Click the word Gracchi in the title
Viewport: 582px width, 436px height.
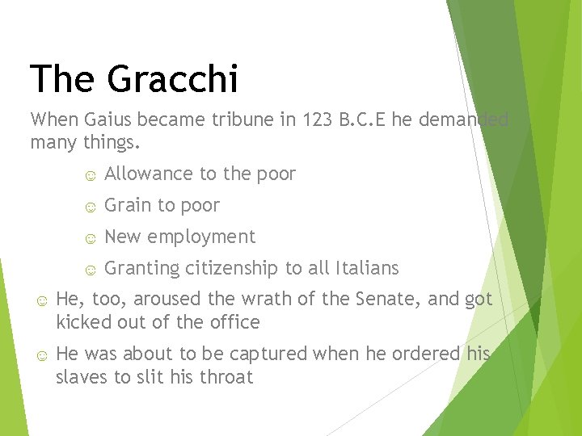172,79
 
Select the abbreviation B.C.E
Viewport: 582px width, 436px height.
365,120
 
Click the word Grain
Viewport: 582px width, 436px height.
128,205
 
